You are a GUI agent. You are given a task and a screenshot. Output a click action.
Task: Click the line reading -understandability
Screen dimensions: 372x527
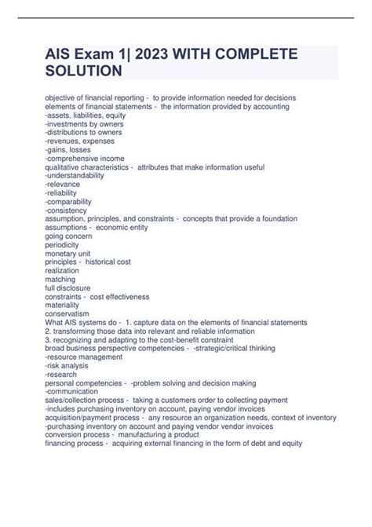pyautogui.click(x=75, y=176)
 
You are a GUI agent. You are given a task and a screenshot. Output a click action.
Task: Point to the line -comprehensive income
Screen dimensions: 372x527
pyautogui.click(x=80, y=158)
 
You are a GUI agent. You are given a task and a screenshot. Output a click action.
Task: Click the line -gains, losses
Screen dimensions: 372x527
pyautogui.click(x=69, y=149)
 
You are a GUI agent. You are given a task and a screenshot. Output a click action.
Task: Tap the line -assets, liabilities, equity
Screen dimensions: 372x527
pyautogui.click(x=85, y=115)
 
